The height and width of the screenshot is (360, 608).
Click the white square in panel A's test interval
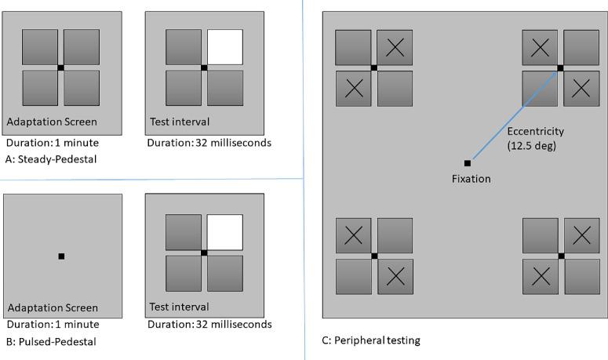(x=224, y=47)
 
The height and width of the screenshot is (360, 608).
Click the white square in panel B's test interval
(x=224, y=232)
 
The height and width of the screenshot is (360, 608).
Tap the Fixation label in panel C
(x=471, y=179)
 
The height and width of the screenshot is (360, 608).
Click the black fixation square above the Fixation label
(x=468, y=163)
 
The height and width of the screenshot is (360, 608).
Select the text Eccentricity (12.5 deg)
(x=535, y=138)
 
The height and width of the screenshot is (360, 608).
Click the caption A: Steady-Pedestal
(x=44, y=158)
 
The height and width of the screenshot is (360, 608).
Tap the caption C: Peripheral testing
(x=371, y=340)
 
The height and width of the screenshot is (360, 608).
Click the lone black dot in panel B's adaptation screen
(x=61, y=256)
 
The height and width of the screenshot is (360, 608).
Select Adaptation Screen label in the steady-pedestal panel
(x=53, y=122)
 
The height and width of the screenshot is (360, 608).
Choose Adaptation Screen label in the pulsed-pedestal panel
(x=53, y=307)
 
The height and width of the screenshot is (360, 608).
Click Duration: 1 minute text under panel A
(x=53, y=143)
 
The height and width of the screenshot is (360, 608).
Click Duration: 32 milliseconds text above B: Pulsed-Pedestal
(x=209, y=324)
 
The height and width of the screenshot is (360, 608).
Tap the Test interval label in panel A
(x=180, y=122)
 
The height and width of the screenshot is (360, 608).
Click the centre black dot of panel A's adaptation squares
(x=60, y=68)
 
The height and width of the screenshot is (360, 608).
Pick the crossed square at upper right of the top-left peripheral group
(x=395, y=48)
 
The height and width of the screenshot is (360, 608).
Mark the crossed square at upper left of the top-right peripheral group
(x=540, y=48)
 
